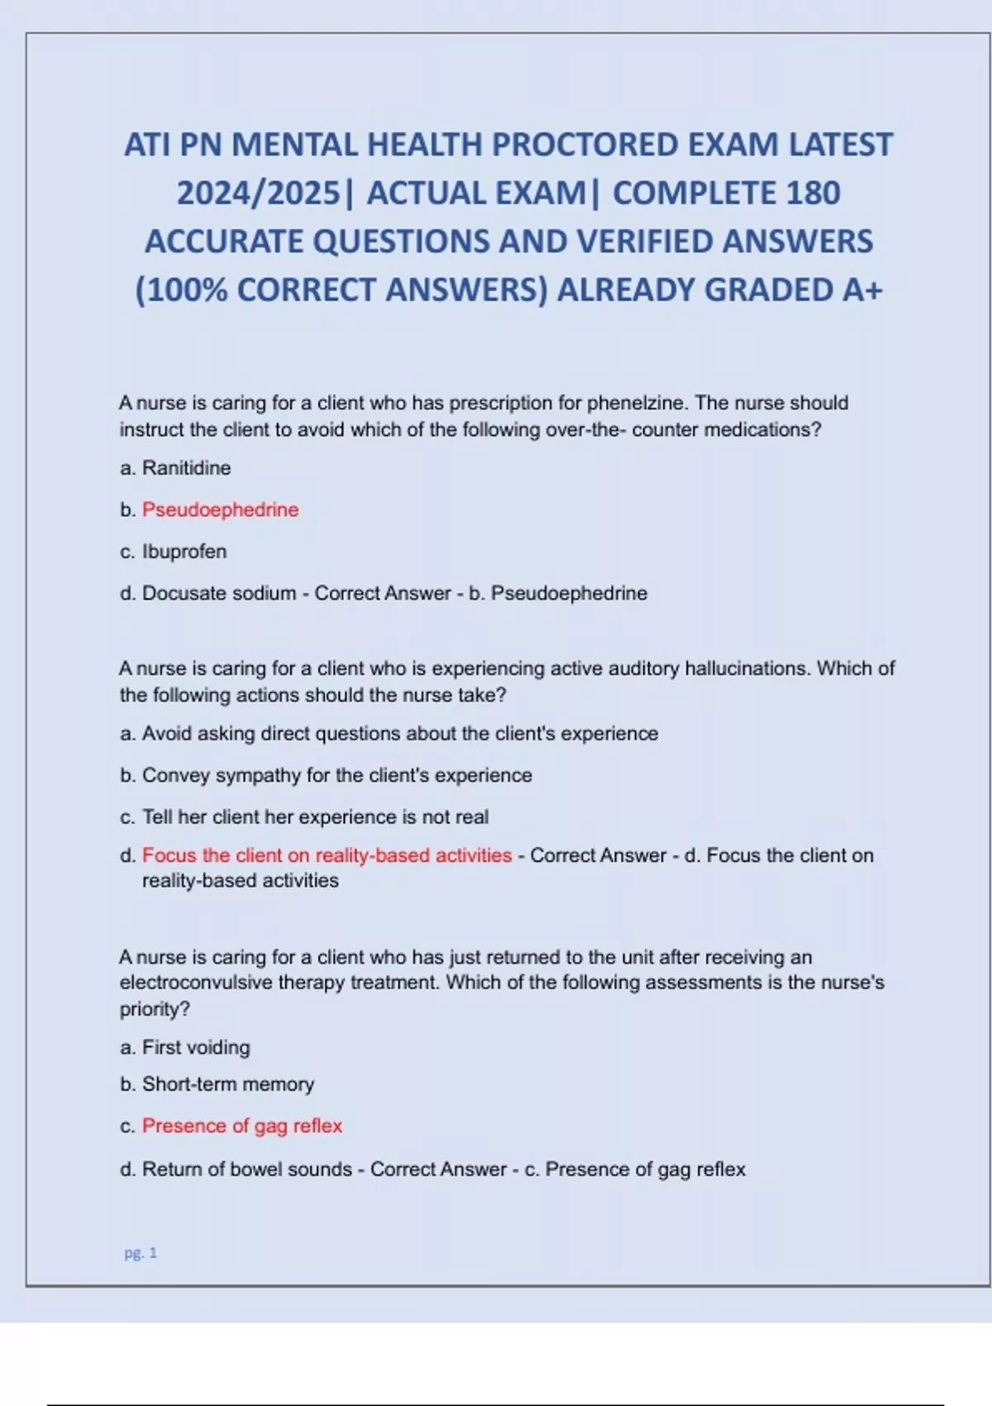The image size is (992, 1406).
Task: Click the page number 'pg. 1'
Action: [141, 1253]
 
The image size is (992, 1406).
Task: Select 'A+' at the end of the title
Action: [862, 289]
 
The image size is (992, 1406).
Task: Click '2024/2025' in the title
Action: [259, 193]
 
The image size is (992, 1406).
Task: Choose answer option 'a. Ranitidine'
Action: [175, 468]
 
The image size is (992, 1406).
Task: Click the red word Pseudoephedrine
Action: [220, 509]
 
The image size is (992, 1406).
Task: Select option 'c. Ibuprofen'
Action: [174, 552]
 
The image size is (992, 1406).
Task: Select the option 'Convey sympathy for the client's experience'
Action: [336, 775]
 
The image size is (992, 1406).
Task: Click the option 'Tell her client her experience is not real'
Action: [315, 817]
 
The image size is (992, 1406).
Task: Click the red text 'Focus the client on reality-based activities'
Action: [327, 855]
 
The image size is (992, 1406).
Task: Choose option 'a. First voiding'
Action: [185, 1047]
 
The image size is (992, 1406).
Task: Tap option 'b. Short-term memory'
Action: [217, 1084]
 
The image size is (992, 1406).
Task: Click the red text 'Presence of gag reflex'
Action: [242, 1126]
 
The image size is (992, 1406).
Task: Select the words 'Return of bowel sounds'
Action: [247, 1169]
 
